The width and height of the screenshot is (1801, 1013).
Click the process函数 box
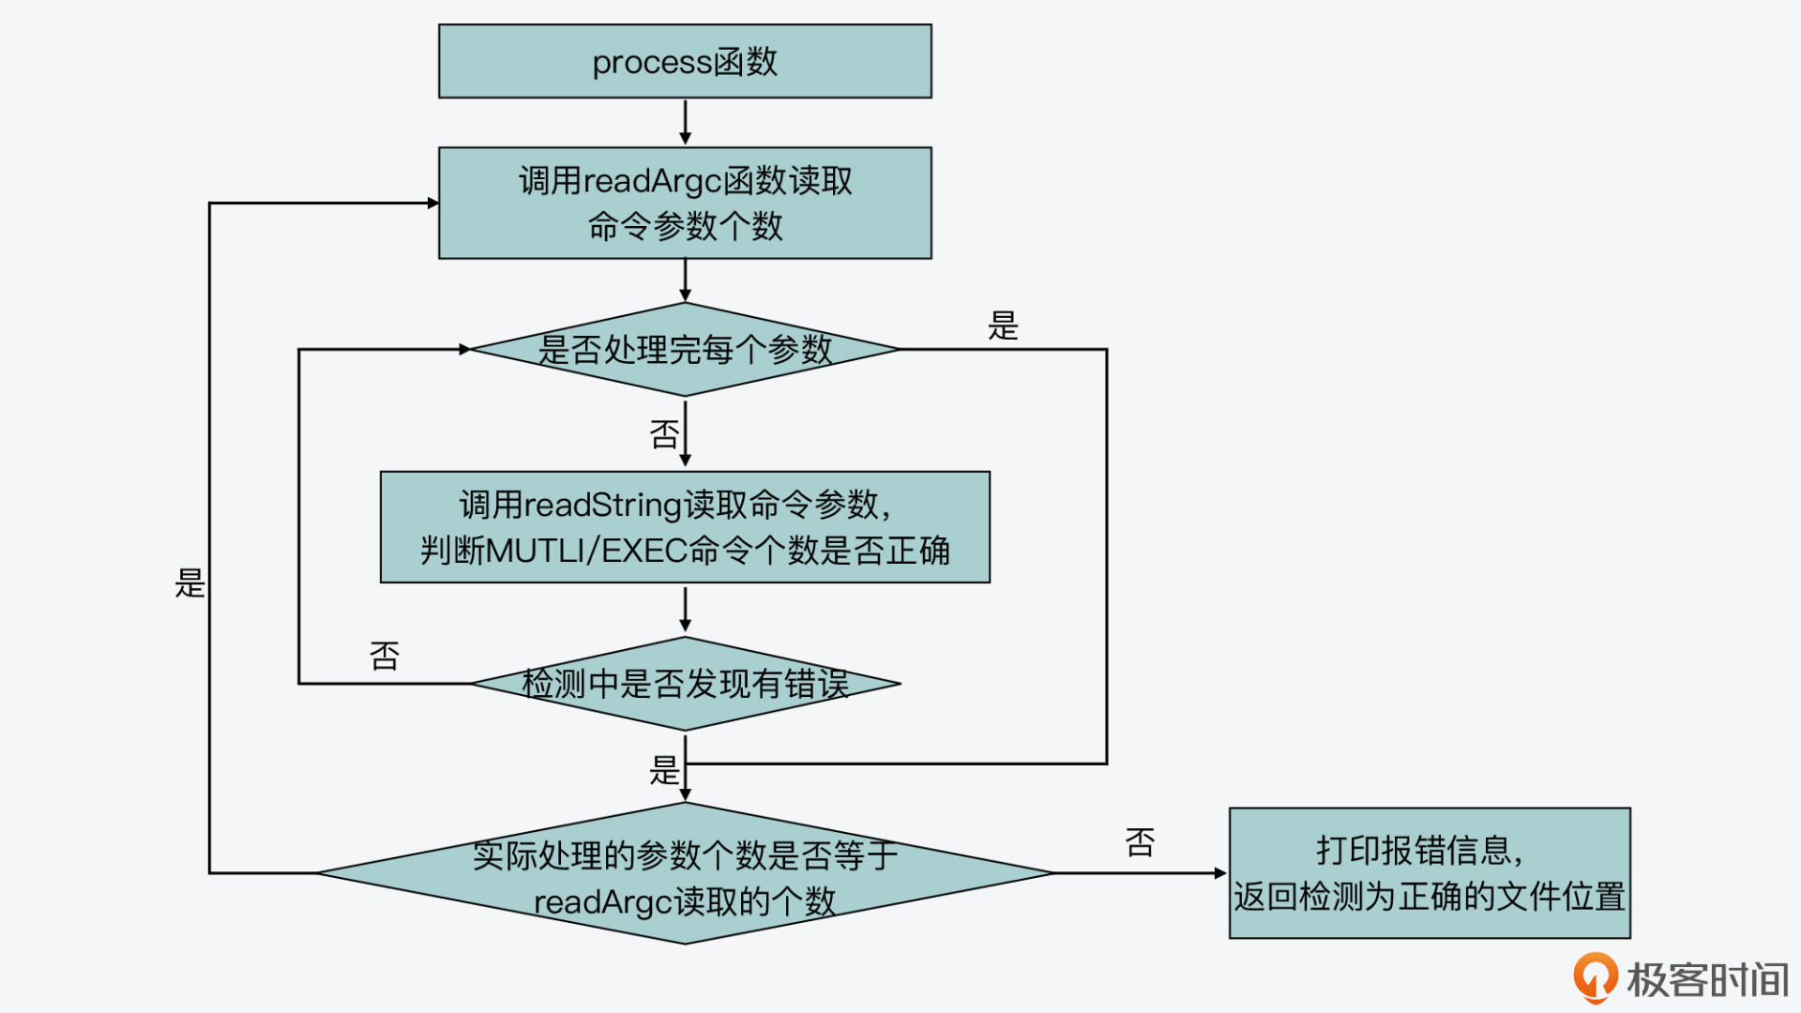tap(685, 61)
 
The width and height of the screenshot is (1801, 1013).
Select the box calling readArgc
tap(685, 203)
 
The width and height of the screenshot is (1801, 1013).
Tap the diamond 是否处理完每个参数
tap(685, 349)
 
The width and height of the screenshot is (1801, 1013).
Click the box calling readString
tap(685, 527)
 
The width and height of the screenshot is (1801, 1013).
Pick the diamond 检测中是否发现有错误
tap(685, 684)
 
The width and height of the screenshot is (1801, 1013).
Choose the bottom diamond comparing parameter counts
tap(685, 874)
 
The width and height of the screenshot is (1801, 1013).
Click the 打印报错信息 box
tap(1430, 873)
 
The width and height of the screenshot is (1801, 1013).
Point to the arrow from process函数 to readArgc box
tap(685, 122)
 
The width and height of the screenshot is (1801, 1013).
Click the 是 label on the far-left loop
tap(189, 583)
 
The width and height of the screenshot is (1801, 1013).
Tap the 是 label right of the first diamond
tap(1003, 326)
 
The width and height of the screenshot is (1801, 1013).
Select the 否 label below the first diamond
tap(664, 434)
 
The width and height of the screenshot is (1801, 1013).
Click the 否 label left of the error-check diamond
tap(385, 656)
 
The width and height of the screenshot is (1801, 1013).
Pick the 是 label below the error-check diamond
tap(664, 771)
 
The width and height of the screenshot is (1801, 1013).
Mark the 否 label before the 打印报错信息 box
tap(1140, 842)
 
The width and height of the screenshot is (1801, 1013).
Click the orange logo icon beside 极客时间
tap(1595, 977)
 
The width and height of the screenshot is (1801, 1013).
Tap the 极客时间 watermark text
tap(1707, 980)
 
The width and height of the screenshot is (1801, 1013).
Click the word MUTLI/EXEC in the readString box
tap(587, 551)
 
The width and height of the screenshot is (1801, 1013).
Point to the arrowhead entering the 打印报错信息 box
tap(1220, 873)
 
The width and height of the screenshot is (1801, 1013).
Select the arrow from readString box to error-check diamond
tap(685, 610)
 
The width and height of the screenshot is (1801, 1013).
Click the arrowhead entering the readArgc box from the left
tap(432, 203)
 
